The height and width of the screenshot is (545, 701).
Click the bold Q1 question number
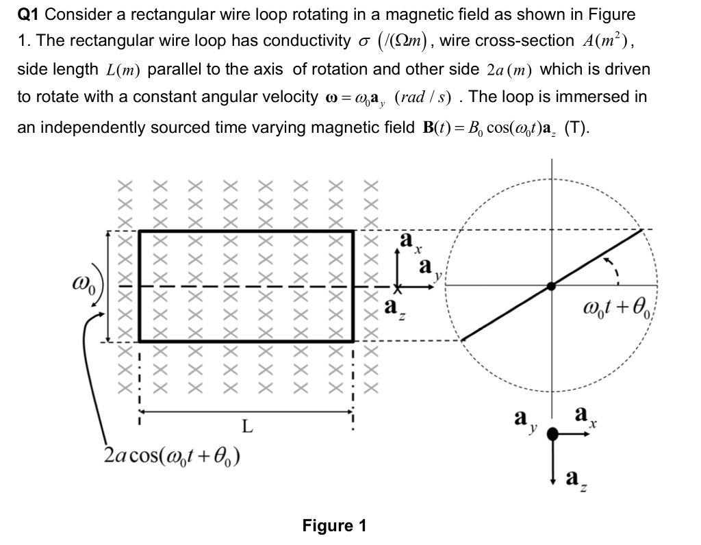click(x=30, y=14)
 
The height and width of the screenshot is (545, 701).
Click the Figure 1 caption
click(x=334, y=526)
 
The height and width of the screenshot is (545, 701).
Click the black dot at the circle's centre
click(x=553, y=286)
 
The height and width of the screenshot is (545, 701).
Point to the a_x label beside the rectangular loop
click(x=407, y=241)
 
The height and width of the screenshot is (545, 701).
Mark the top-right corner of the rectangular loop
click(x=353, y=231)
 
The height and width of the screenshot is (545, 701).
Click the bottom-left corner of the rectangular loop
click(x=140, y=340)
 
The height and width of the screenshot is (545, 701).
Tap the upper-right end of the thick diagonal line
click(x=642, y=230)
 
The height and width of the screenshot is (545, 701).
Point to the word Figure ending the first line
click(x=594, y=14)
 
